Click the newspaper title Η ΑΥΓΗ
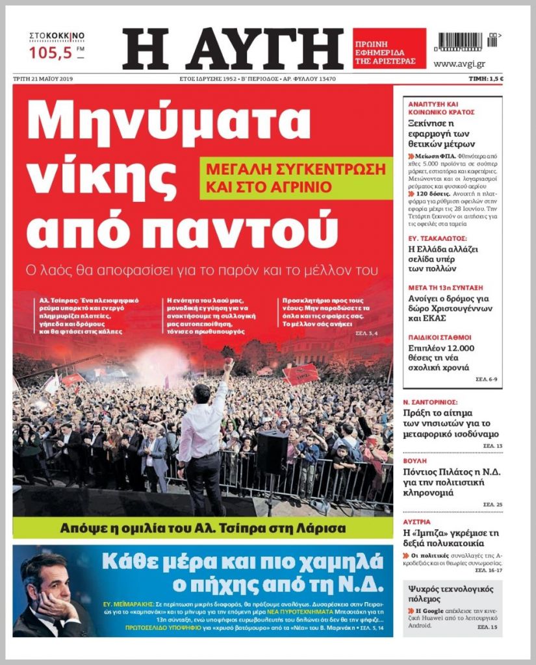[233, 49]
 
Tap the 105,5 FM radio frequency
[51, 53]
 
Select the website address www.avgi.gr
[459, 64]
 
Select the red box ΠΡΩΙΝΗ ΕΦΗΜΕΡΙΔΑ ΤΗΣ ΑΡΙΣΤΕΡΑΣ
[389, 49]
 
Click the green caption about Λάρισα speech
[203, 527]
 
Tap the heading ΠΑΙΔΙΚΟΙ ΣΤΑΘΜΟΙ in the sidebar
[440, 338]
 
